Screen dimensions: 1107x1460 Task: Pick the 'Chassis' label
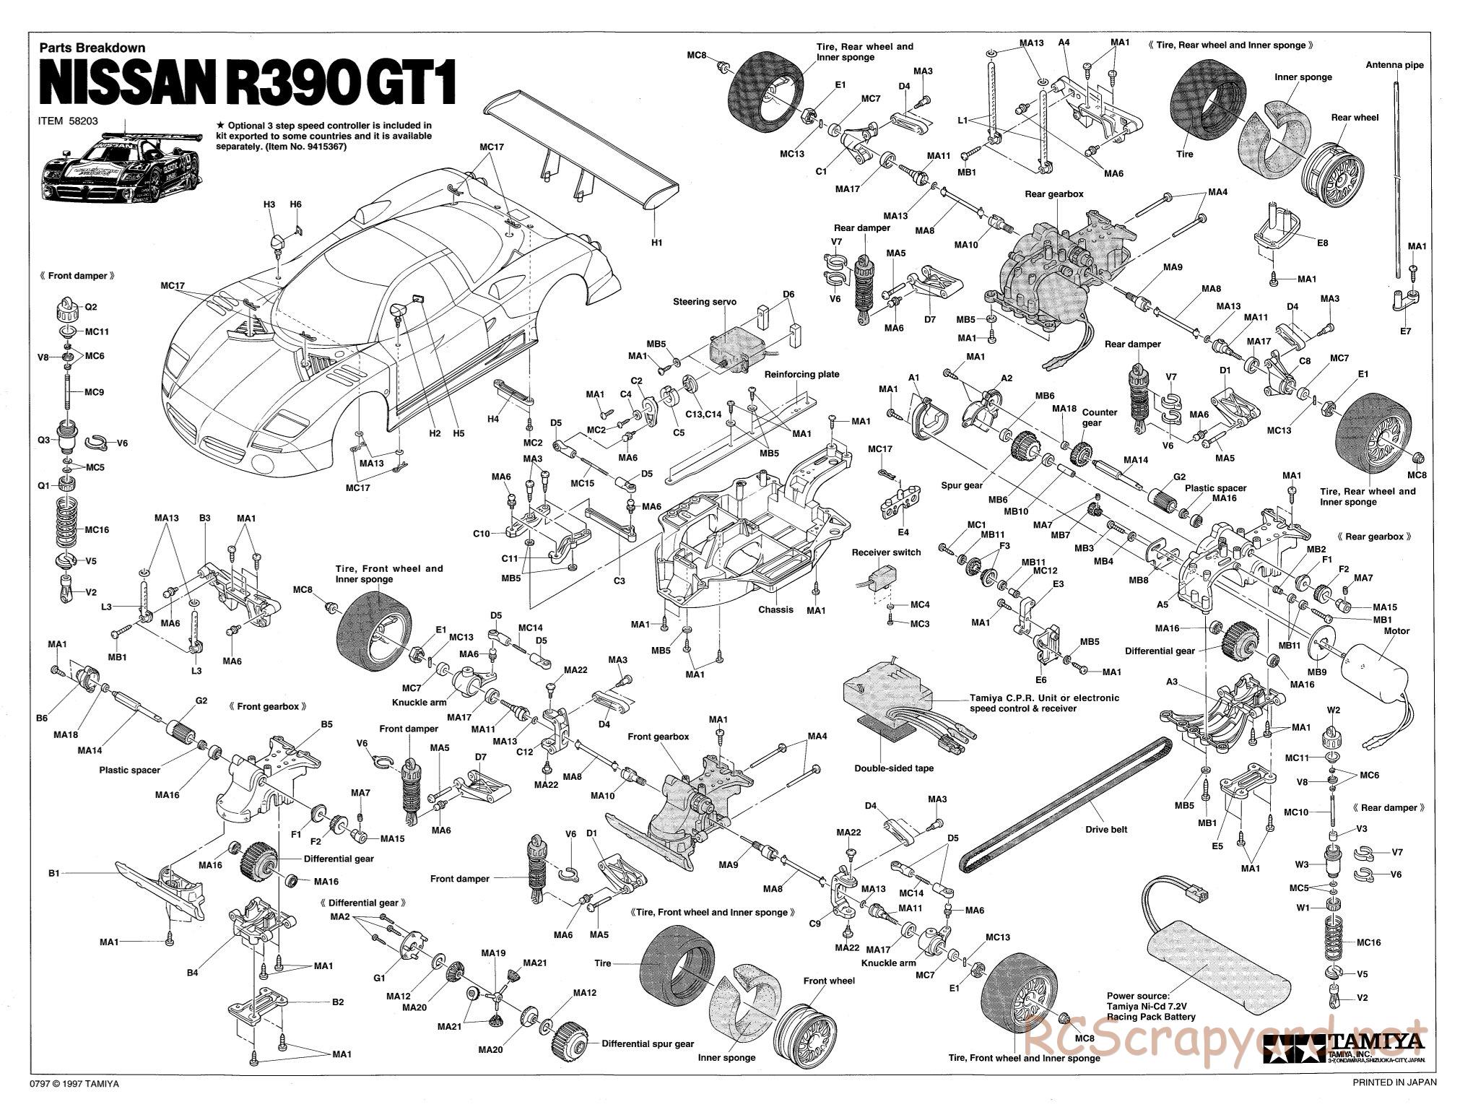point(775,609)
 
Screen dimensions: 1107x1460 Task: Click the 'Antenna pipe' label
point(1394,65)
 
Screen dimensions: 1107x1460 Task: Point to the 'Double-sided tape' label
point(893,768)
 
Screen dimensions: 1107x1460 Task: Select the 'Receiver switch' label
point(886,552)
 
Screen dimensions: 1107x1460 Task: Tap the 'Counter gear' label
point(1099,417)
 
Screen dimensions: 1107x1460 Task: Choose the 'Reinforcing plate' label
point(801,374)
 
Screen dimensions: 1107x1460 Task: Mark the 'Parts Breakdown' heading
point(92,48)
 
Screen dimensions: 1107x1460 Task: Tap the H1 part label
point(656,243)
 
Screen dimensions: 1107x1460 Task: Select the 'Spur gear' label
point(962,485)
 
